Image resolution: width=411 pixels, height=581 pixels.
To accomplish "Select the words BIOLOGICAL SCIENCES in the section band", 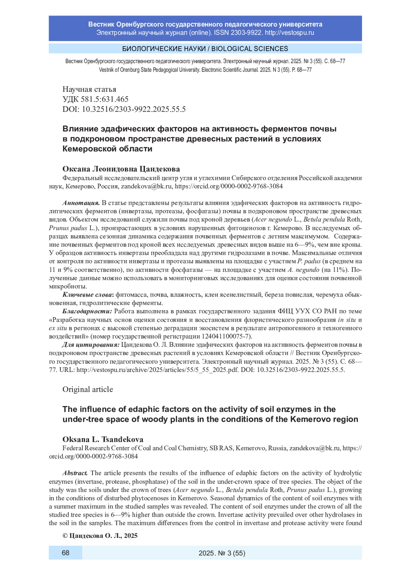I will [250, 49].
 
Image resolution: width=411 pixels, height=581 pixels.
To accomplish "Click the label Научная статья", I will [89, 89].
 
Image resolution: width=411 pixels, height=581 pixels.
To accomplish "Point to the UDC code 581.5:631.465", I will [105, 99].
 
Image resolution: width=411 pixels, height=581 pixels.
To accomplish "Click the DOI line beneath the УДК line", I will [124, 109].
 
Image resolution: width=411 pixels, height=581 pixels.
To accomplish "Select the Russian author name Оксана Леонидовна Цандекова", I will [121, 169].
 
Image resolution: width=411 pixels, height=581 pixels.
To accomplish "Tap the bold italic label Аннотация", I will [81, 203].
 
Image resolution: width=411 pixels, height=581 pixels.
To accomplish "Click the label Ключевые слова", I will [88, 295].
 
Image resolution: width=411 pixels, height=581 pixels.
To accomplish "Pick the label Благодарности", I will [87, 311].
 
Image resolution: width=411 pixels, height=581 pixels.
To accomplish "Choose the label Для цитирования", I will [91, 345].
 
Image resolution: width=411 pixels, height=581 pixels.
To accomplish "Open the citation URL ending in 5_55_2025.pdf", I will [158, 370].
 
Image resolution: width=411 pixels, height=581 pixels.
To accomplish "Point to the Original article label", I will [88, 389].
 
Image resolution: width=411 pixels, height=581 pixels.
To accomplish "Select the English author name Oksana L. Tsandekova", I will [103, 439].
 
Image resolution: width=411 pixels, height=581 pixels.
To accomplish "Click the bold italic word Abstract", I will [75, 473].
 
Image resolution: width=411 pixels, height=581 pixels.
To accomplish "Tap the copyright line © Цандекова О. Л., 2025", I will [100, 536].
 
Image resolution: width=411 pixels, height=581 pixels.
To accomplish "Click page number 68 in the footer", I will [65, 553].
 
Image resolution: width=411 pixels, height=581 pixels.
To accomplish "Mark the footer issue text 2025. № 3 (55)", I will [222, 553].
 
